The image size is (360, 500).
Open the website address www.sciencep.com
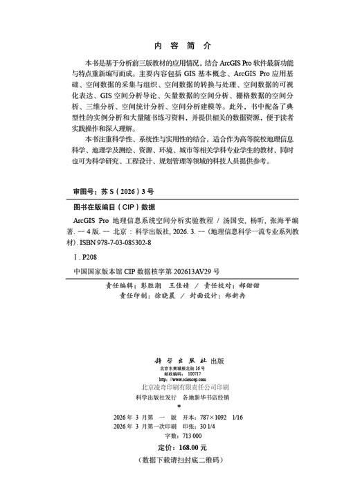coord(183,380)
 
